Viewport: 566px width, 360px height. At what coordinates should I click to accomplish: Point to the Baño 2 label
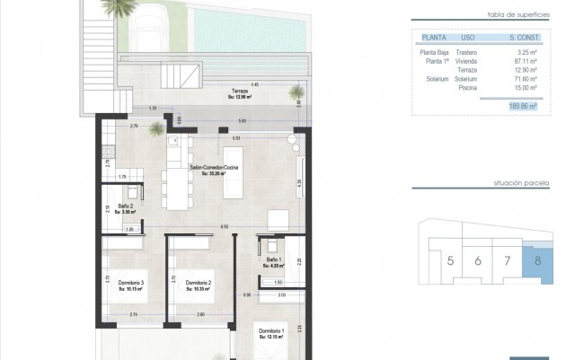[x=125, y=208]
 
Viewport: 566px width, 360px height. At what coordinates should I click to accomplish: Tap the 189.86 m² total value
[x=521, y=106]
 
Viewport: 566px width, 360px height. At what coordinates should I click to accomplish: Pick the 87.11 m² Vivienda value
[x=522, y=61]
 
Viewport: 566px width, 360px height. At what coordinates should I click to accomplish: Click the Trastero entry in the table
[x=466, y=53]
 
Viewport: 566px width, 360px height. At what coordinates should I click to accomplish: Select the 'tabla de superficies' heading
[x=512, y=16]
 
